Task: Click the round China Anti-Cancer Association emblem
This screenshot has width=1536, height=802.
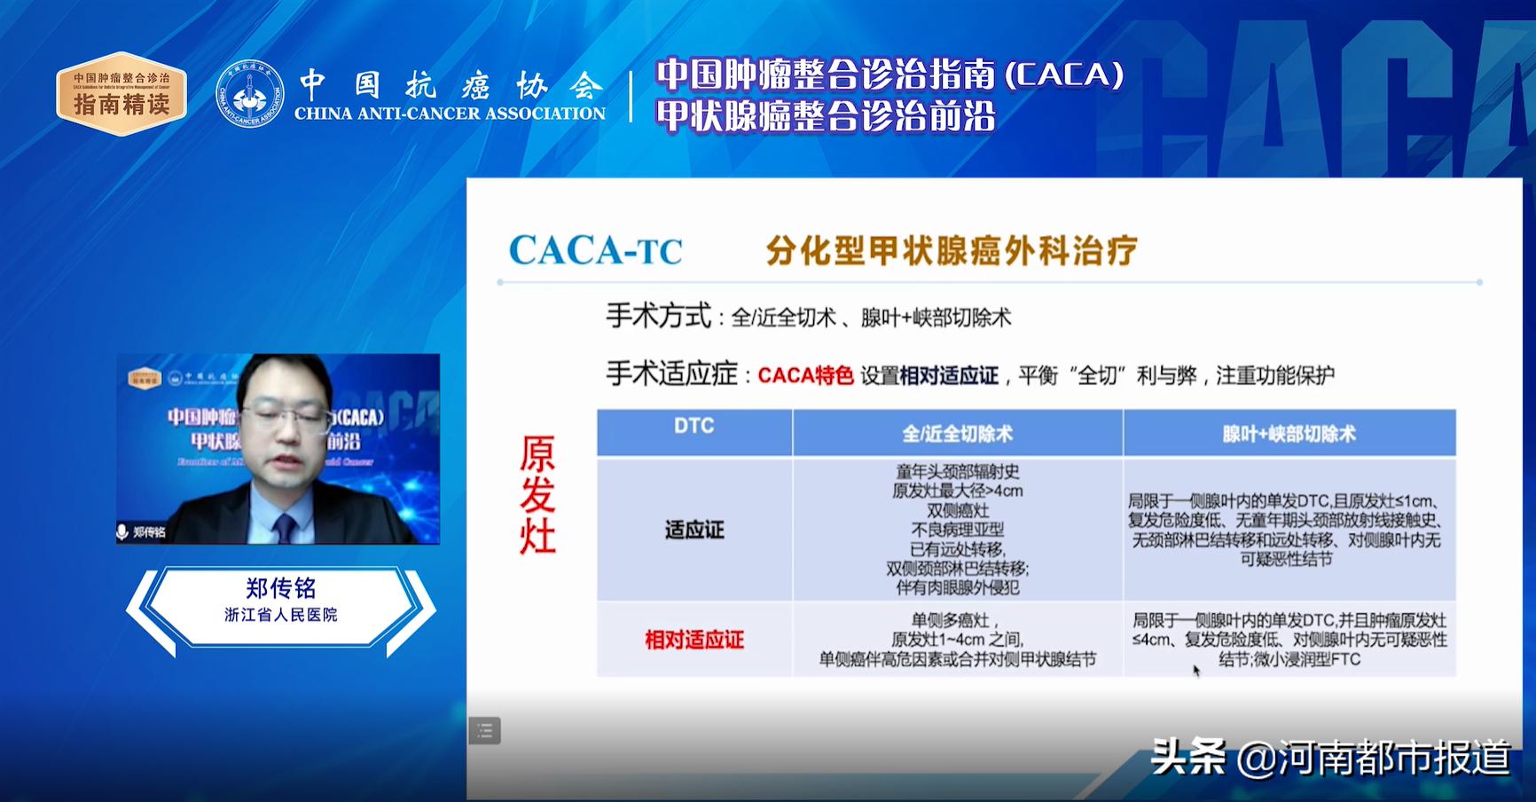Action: pyautogui.click(x=250, y=94)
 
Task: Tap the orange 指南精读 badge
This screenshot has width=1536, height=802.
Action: pyautogui.click(x=121, y=94)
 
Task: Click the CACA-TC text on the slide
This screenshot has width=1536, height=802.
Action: pyautogui.click(x=595, y=251)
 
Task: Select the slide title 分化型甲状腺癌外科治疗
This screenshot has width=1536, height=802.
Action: pyautogui.click(x=951, y=251)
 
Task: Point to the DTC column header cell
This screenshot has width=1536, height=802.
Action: pyautogui.click(x=694, y=427)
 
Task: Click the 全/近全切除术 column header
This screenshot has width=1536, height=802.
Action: pyautogui.click(x=957, y=434)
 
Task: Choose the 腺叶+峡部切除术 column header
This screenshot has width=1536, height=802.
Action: pyautogui.click(x=1289, y=434)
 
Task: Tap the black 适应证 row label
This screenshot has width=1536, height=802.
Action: pyautogui.click(x=694, y=531)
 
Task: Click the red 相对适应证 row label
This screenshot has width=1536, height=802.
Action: pyautogui.click(x=694, y=640)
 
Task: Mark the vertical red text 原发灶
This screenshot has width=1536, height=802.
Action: pyautogui.click(x=537, y=495)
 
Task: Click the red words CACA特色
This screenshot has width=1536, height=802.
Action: pyautogui.click(x=805, y=376)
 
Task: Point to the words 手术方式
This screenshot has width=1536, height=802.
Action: pyautogui.click(x=658, y=316)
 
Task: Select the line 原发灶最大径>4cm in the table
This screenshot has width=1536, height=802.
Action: pyautogui.click(x=957, y=491)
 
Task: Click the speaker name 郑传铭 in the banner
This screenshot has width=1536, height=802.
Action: pyautogui.click(x=280, y=588)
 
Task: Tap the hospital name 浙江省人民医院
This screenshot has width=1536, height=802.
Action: pyautogui.click(x=280, y=615)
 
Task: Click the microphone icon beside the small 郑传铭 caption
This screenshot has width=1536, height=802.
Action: pyautogui.click(x=123, y=532)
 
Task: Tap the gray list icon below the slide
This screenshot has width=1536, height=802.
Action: pyautogui.click(x=485, y=731)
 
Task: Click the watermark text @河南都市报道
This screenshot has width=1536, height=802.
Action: pyautogui.click(x=1373, y=759)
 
